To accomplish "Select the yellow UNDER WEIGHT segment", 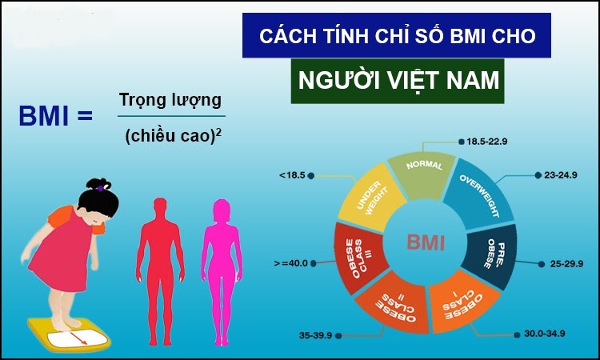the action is pos(370,198).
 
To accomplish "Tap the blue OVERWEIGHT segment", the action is pos(478,198).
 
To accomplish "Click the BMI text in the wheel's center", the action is pos(426,242).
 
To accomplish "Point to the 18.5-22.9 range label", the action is pos(486,142).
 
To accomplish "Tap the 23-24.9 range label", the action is pos(561,175).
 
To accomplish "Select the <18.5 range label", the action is pos(292,175).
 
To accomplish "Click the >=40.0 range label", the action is pos(291,263).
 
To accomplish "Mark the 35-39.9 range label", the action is pos(316,335).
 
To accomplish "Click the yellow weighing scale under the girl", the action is pos(69,334).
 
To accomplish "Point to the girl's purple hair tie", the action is pos(100,188).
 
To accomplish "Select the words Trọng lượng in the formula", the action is pos(170,101).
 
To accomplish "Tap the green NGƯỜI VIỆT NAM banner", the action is pos(398,81).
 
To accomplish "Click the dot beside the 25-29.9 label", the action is pos(541,264).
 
